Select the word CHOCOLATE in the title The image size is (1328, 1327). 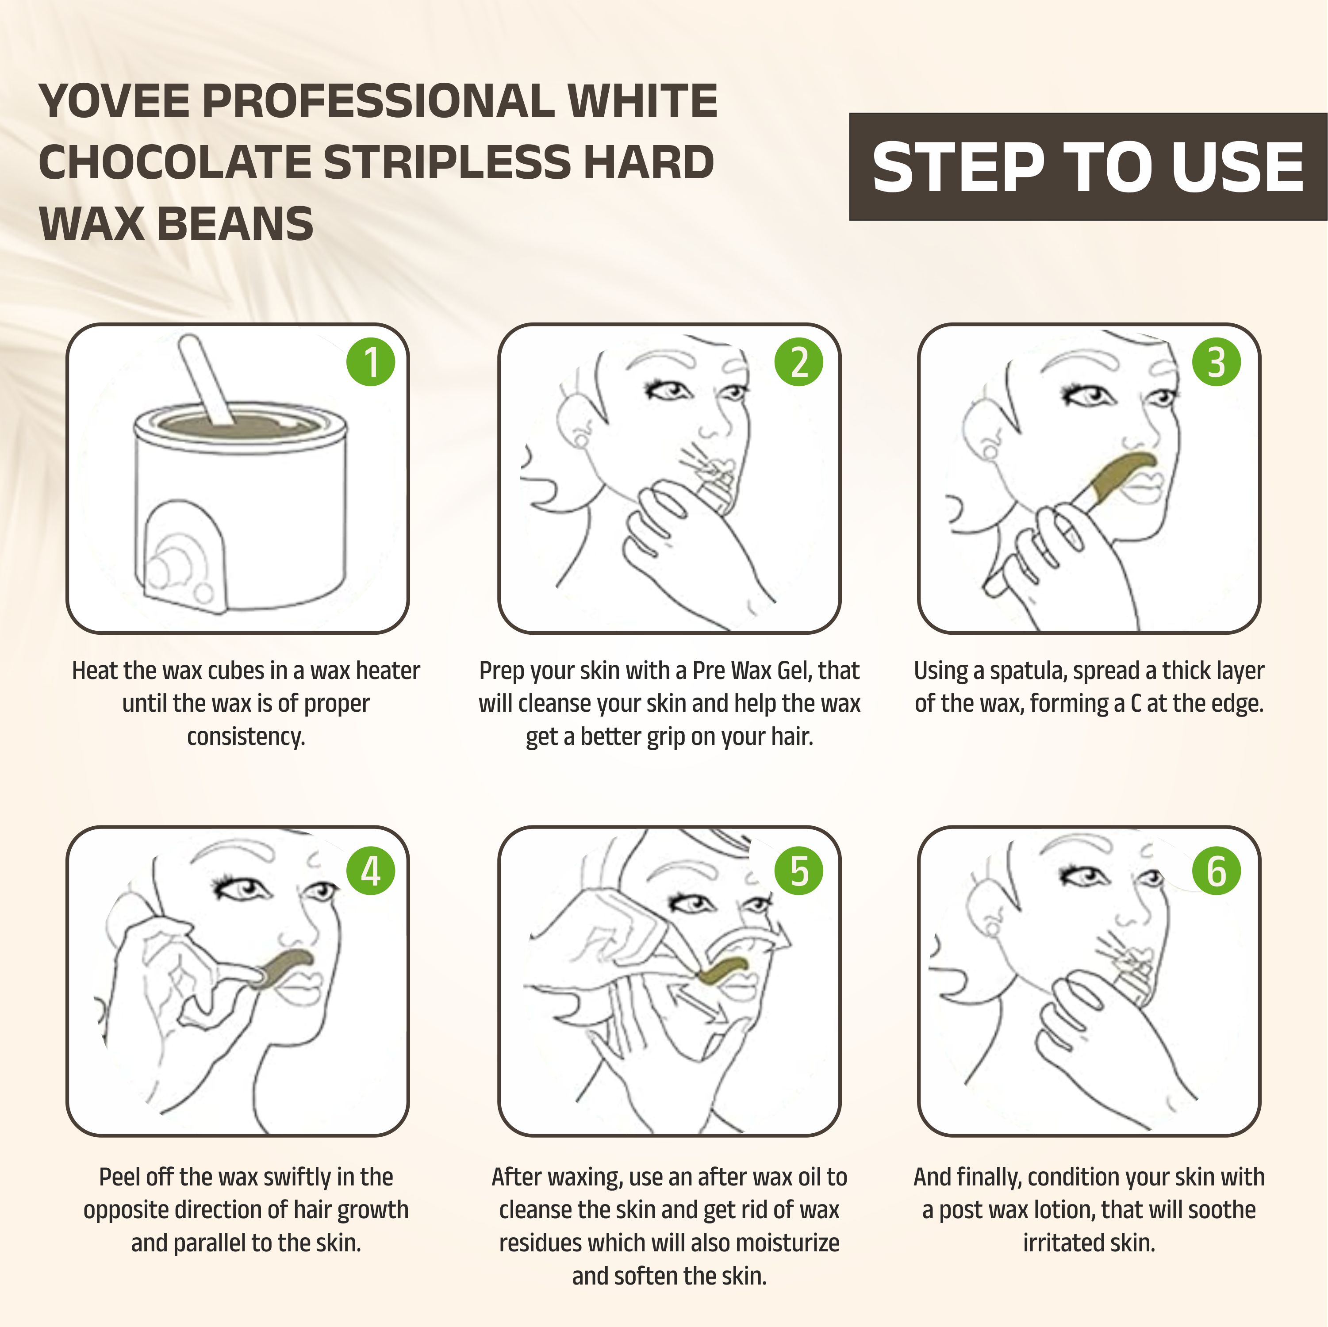pyautogui.click(x=175, y=162)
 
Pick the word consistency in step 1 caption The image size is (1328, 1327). pyautogui.click(x=246, y=736)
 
